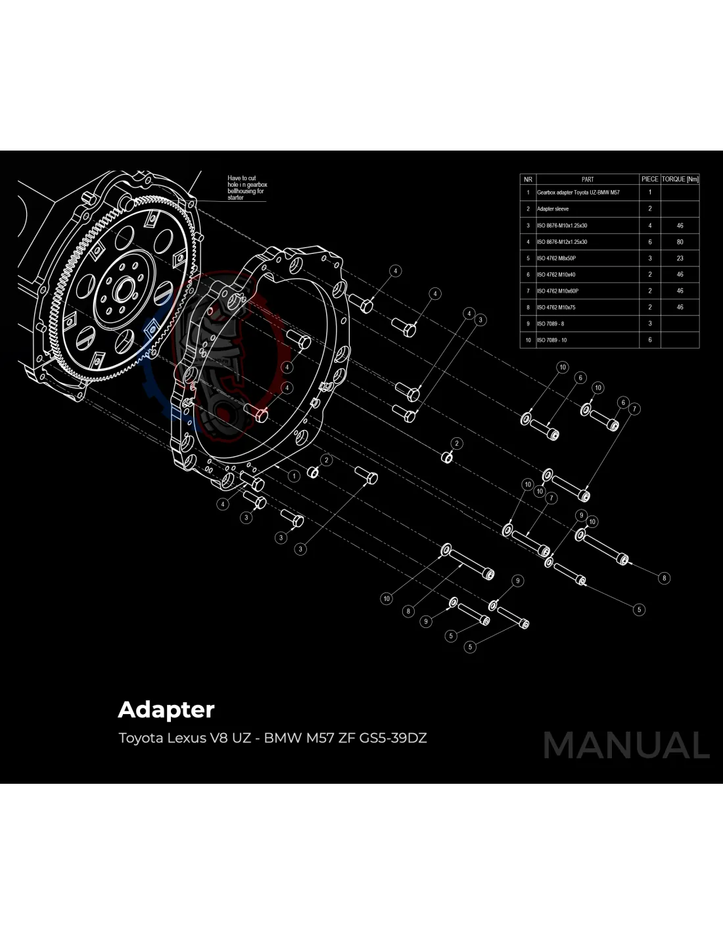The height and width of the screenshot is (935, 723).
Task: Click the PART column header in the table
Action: [588, 179]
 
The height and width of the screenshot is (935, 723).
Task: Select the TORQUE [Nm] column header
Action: [680, 179]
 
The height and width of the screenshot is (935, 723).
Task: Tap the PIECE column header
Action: [649, 179]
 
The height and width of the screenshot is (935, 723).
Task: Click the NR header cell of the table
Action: [528, 179]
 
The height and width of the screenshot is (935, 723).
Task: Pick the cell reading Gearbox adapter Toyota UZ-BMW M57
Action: [578, 193]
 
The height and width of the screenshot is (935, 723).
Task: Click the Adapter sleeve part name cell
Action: [553, 209]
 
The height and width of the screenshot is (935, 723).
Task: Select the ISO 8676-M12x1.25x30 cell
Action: [562, 242]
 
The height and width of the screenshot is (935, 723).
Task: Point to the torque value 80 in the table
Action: [680, 242]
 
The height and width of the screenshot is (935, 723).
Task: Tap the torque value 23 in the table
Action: [680, 258]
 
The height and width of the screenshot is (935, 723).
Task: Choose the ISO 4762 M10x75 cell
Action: [556, 307]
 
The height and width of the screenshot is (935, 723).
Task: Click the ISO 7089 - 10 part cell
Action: [551, 340]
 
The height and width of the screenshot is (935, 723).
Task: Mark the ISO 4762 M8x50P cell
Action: [556, 258]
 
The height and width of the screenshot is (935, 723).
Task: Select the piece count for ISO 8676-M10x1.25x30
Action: [650, 226]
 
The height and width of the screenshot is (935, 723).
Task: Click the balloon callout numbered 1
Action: [294, 476]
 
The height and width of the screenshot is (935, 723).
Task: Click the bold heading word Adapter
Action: [166, 710]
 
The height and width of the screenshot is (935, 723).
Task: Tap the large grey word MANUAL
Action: [626, 746]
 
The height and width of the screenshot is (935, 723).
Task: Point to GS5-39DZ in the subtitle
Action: [393, 738]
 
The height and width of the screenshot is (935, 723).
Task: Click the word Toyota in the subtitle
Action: [141, 738]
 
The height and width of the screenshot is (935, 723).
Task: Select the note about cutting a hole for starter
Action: [247, 187]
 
